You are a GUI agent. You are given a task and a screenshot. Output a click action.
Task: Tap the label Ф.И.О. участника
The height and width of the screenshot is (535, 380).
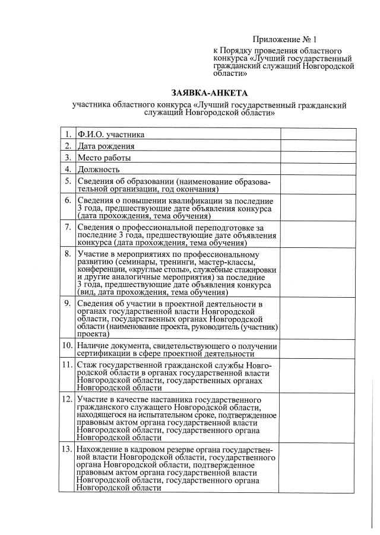(x=111, y=135)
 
